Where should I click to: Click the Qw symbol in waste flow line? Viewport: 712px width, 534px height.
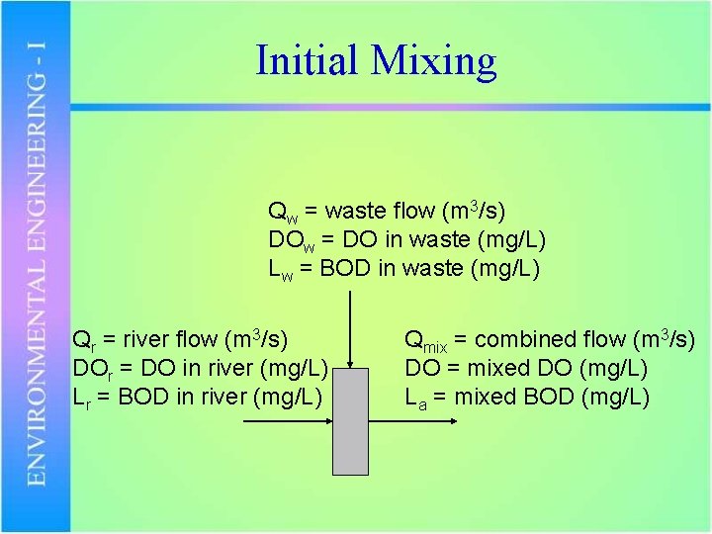[281, 212]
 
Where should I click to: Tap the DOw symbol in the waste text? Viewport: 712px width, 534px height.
[290, 240]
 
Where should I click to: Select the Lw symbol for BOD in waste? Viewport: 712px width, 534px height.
[280, 269]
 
